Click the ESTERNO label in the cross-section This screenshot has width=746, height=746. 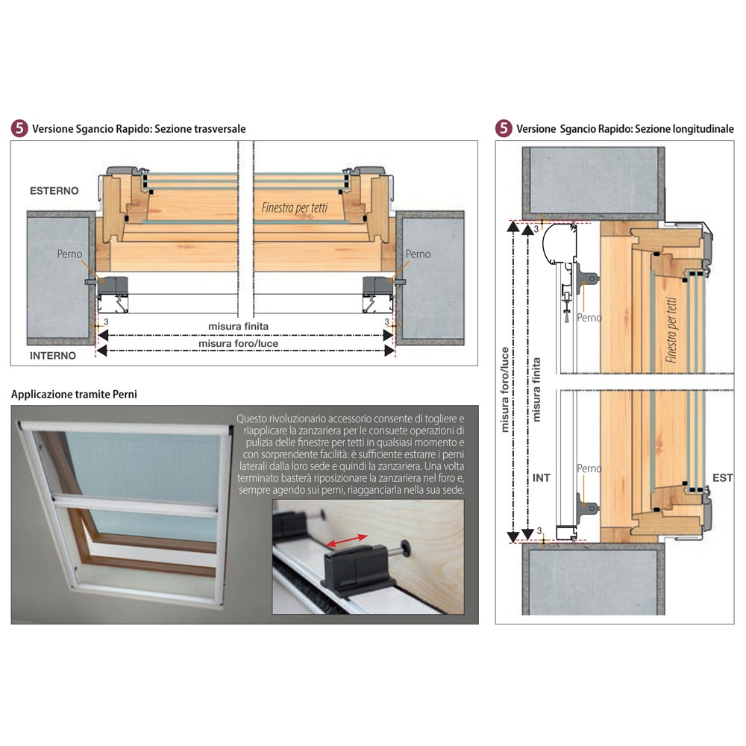[x=54, y=191]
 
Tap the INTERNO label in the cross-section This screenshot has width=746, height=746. [x=53, y=355]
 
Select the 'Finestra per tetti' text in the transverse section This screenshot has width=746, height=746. [x=295, y=207]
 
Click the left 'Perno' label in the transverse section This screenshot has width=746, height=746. [x=69, y=254]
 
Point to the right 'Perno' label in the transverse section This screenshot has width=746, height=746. [x=418, y=254]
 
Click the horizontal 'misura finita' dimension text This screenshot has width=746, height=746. [x=239, y=327]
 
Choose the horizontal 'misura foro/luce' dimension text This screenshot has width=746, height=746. [x=239, y=343]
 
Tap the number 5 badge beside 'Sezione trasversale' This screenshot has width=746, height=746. [x=19, y=128]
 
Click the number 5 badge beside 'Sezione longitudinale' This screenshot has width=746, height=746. [x=504, y=128]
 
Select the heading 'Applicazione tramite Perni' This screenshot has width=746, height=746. [x=74, y=395]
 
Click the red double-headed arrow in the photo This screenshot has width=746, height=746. [x=347, y=541]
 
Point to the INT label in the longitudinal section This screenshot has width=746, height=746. [x=542, y=477]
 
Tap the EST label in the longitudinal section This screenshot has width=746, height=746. [x=722, y=477]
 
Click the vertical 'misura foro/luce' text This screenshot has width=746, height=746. [x=505, y=389]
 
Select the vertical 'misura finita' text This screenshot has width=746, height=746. [x=536, y=389]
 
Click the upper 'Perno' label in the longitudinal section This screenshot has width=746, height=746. [x=589, y=317]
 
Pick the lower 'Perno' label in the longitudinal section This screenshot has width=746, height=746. [x=589, y=468]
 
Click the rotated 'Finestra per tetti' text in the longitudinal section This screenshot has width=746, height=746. [x=671, y=330]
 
